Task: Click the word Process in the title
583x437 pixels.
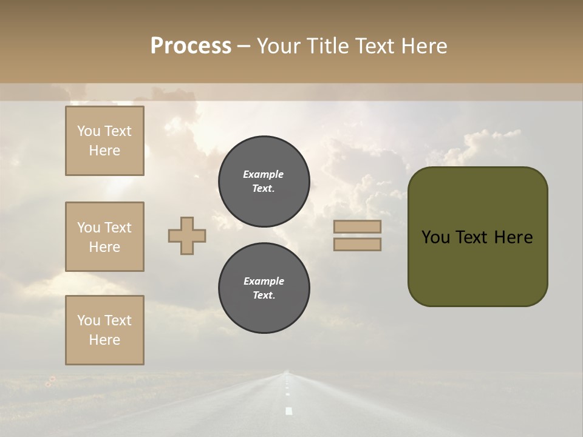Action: [191, 46]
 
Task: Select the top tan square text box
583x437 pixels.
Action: [104, 141]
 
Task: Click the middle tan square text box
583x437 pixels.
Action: [104, 237]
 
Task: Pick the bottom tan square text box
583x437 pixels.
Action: [104, 330]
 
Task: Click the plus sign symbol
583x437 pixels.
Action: [187, 235]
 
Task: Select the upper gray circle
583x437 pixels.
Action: [264, 181]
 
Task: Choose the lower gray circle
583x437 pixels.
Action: [264, 288]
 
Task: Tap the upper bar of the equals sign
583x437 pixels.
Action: [358, 226]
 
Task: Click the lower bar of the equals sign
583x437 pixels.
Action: [358, 244]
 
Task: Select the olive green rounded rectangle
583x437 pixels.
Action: [478, 237]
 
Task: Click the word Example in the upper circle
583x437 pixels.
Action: [264, 174]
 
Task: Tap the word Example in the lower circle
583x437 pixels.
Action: [264, 281]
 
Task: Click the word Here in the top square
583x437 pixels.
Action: [104, 151]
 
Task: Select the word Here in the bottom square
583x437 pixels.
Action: [104, 340]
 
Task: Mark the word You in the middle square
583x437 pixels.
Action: [87, 228]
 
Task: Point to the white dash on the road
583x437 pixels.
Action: [289, 411]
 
